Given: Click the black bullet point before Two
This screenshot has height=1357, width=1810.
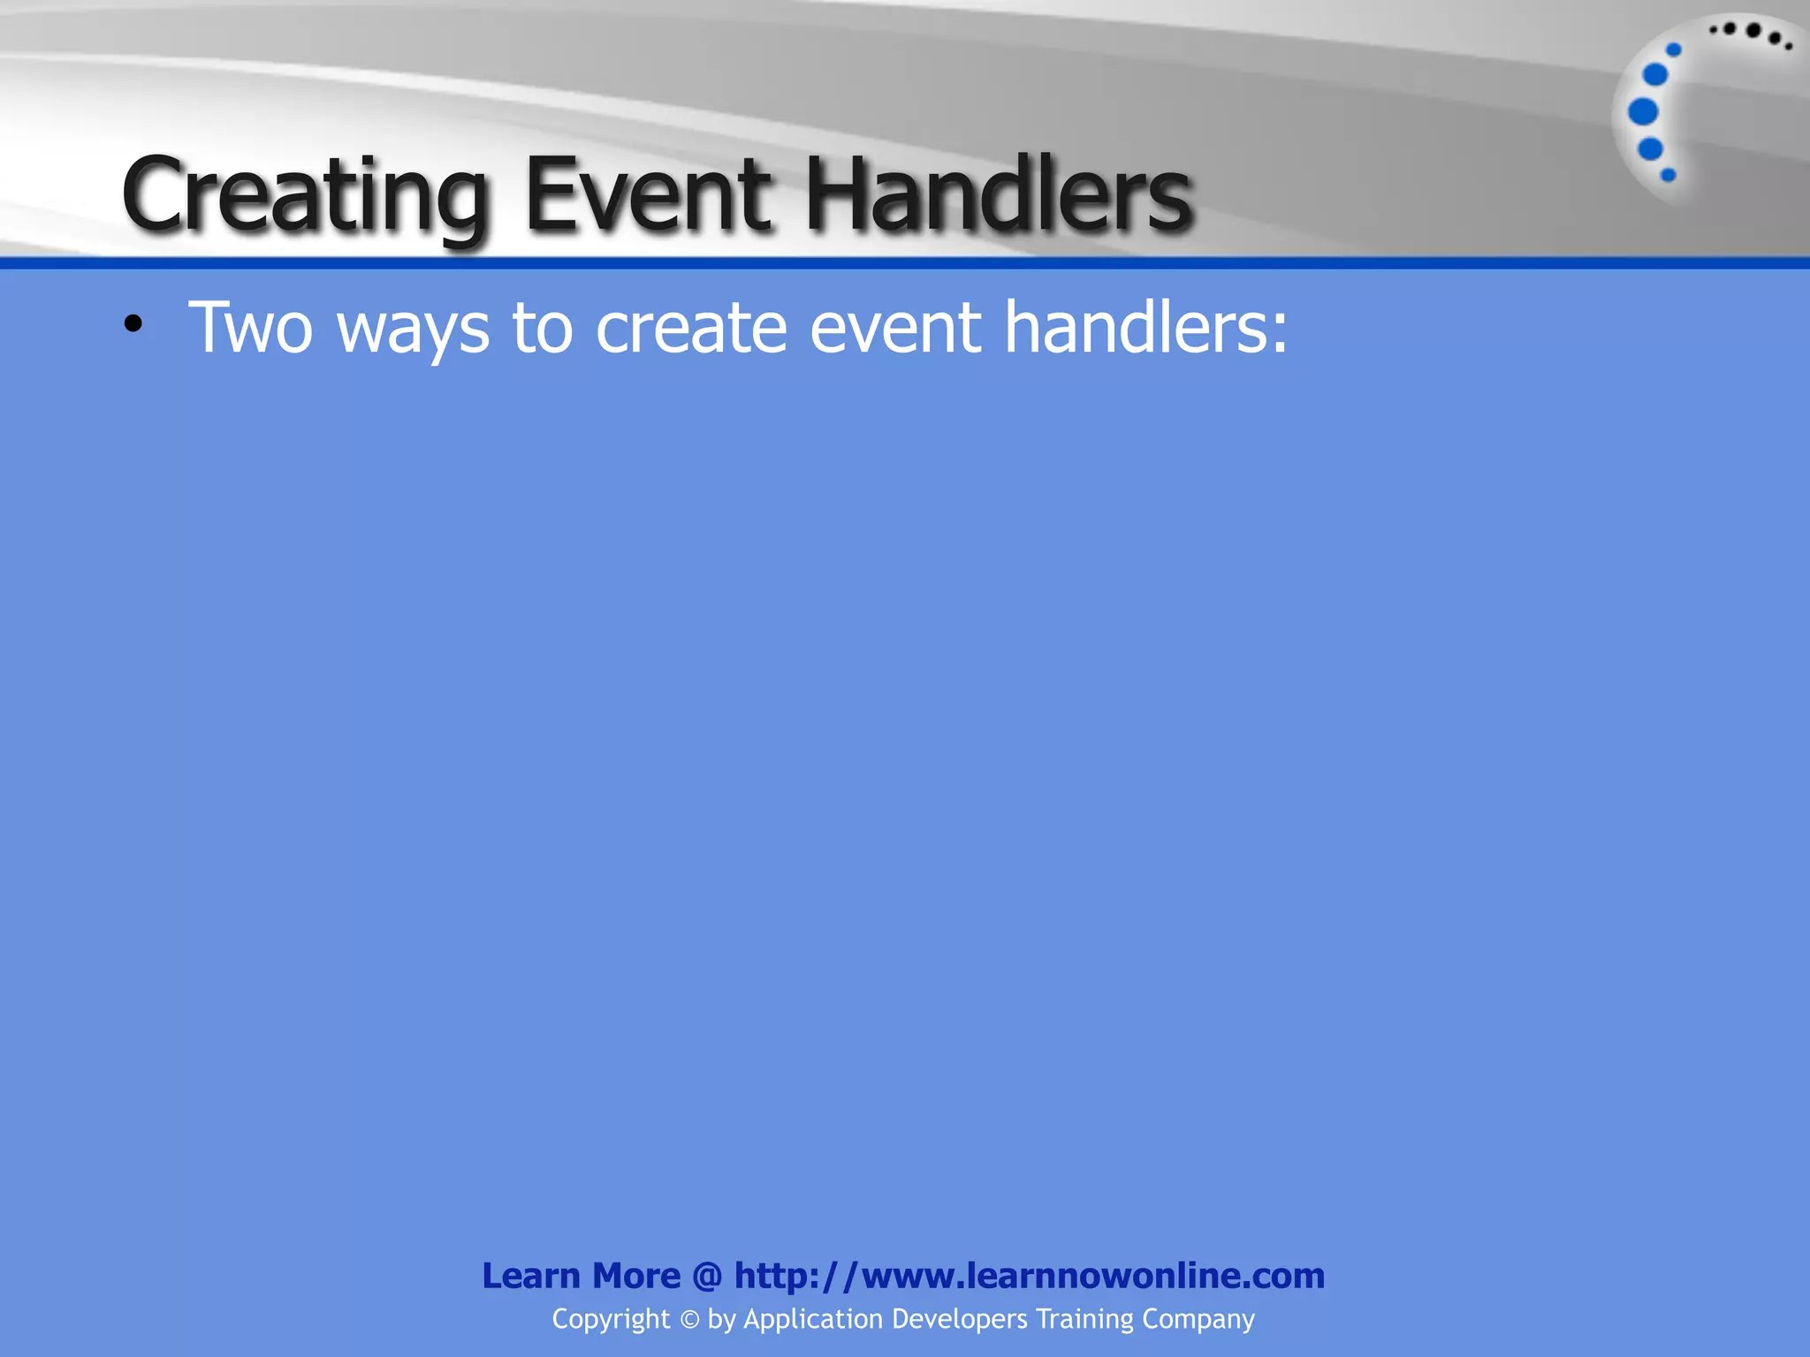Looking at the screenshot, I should point(133,324).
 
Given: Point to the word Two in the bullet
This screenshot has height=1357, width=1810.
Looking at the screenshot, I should point(251,327).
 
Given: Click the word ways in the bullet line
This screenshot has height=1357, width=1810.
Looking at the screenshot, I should point(413,329).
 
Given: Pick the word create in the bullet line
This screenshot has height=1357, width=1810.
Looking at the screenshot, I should point(691,327).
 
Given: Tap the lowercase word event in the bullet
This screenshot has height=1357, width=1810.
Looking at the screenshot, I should point(895,327).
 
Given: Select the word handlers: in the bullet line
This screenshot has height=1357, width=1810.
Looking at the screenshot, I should point(1146,327).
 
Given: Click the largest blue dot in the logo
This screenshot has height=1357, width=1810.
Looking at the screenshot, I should point(1643,112).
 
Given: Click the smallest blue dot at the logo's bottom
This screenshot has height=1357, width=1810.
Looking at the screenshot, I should point(1669,175).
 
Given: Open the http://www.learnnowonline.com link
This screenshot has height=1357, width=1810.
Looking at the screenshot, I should point(1030,1276).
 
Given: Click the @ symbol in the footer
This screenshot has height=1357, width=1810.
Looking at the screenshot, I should point(707,1276).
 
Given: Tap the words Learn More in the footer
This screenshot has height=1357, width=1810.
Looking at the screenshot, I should point(581,1276).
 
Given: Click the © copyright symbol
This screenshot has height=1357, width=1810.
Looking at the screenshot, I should point(689,1320).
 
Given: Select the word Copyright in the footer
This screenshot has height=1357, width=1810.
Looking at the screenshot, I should point(611,1320).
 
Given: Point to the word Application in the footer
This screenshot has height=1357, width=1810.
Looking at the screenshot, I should point(813,1320).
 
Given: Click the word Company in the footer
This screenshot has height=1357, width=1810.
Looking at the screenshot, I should point(1198,1320).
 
